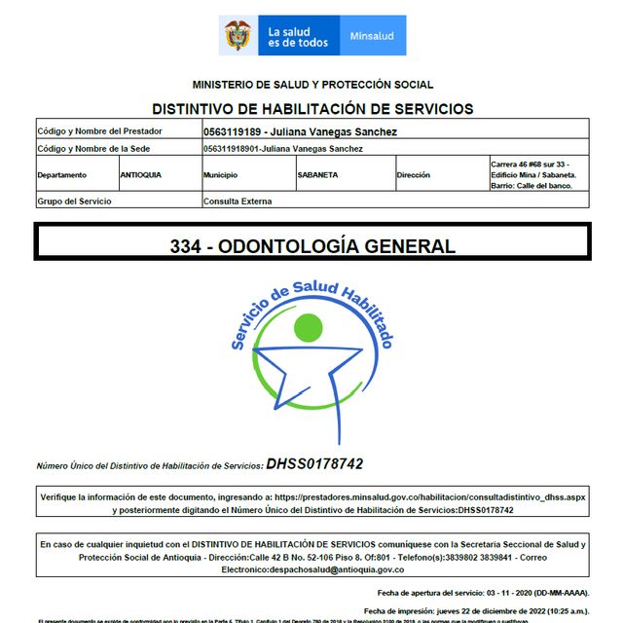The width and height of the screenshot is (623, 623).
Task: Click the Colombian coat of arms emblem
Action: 238,36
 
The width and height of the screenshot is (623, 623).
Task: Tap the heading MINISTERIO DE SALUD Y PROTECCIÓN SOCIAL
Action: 312,85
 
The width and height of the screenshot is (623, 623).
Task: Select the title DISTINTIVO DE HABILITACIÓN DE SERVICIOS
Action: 312,109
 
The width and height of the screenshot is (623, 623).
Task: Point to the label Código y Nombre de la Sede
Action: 99,149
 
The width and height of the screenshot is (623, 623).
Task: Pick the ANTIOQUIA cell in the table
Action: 141,175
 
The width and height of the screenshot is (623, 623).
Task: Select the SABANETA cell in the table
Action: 318,175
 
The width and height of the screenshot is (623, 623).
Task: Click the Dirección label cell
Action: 414,175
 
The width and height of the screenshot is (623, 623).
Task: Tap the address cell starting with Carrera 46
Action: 537,175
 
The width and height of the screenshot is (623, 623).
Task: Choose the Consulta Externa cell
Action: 238,202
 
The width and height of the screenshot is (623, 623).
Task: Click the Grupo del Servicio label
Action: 74,202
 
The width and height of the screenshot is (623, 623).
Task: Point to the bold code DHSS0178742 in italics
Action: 314,464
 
